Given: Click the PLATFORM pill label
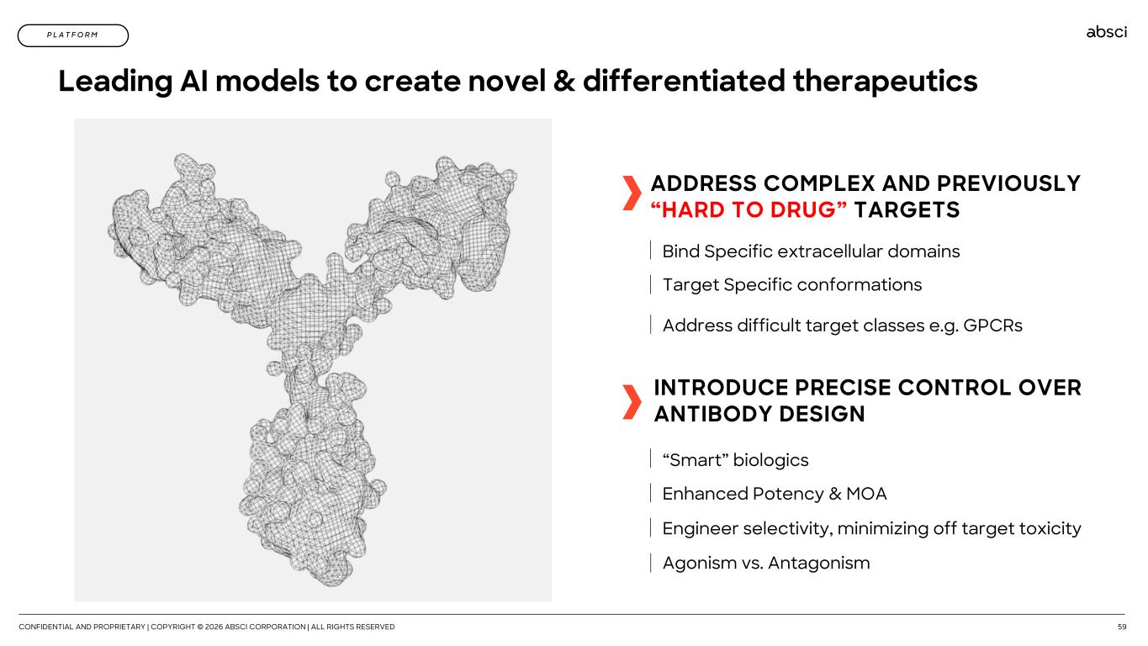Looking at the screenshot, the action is tap(73, 35).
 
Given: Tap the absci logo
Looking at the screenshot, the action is tap(1107, 32).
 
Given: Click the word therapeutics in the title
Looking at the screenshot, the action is tap(885, 81).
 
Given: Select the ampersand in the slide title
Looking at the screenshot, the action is tap(564, 81).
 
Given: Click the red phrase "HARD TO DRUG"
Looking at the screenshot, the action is tap(749, 209).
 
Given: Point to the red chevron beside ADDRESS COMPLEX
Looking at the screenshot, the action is tap(632, 193).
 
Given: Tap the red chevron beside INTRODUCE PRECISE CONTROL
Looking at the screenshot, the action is tap(632, 402).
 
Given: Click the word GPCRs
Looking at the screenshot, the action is tap(992, 325).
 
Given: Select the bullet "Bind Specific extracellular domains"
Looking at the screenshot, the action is tap(811, 252).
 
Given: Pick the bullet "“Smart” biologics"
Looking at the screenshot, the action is tap(735, 460).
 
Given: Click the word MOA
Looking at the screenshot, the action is tap(866, 494).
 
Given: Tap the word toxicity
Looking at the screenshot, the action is tap(1050, 528).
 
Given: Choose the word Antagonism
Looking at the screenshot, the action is tap(818, 563).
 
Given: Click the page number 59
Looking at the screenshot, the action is tap(1122, 627).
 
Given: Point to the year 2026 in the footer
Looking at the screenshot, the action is tap(214, 627).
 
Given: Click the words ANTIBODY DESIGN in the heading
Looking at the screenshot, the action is tap(759, 414).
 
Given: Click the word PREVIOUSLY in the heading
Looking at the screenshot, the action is tap(1008, 183).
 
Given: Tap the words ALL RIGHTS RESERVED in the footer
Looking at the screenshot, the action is tap(352, 627).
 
